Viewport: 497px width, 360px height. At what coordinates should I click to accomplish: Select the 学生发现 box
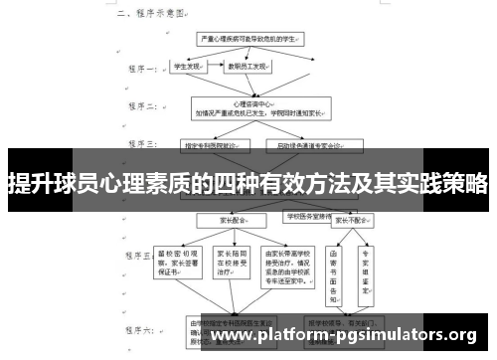[187, 68]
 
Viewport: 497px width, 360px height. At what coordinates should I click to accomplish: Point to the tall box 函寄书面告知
[334, 270]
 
